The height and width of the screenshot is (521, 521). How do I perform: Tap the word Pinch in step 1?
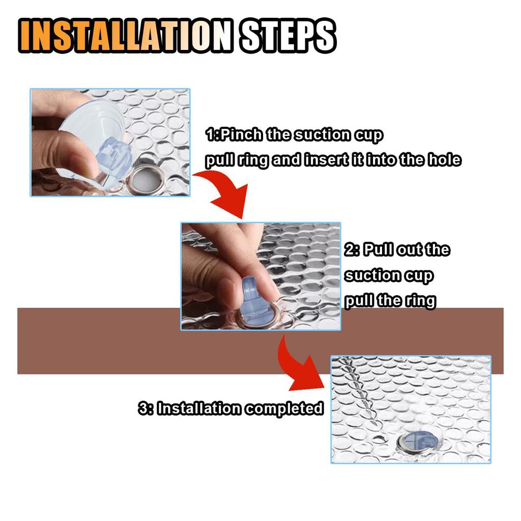(241, 135)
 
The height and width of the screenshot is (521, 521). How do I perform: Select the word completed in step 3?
(284, 409)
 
